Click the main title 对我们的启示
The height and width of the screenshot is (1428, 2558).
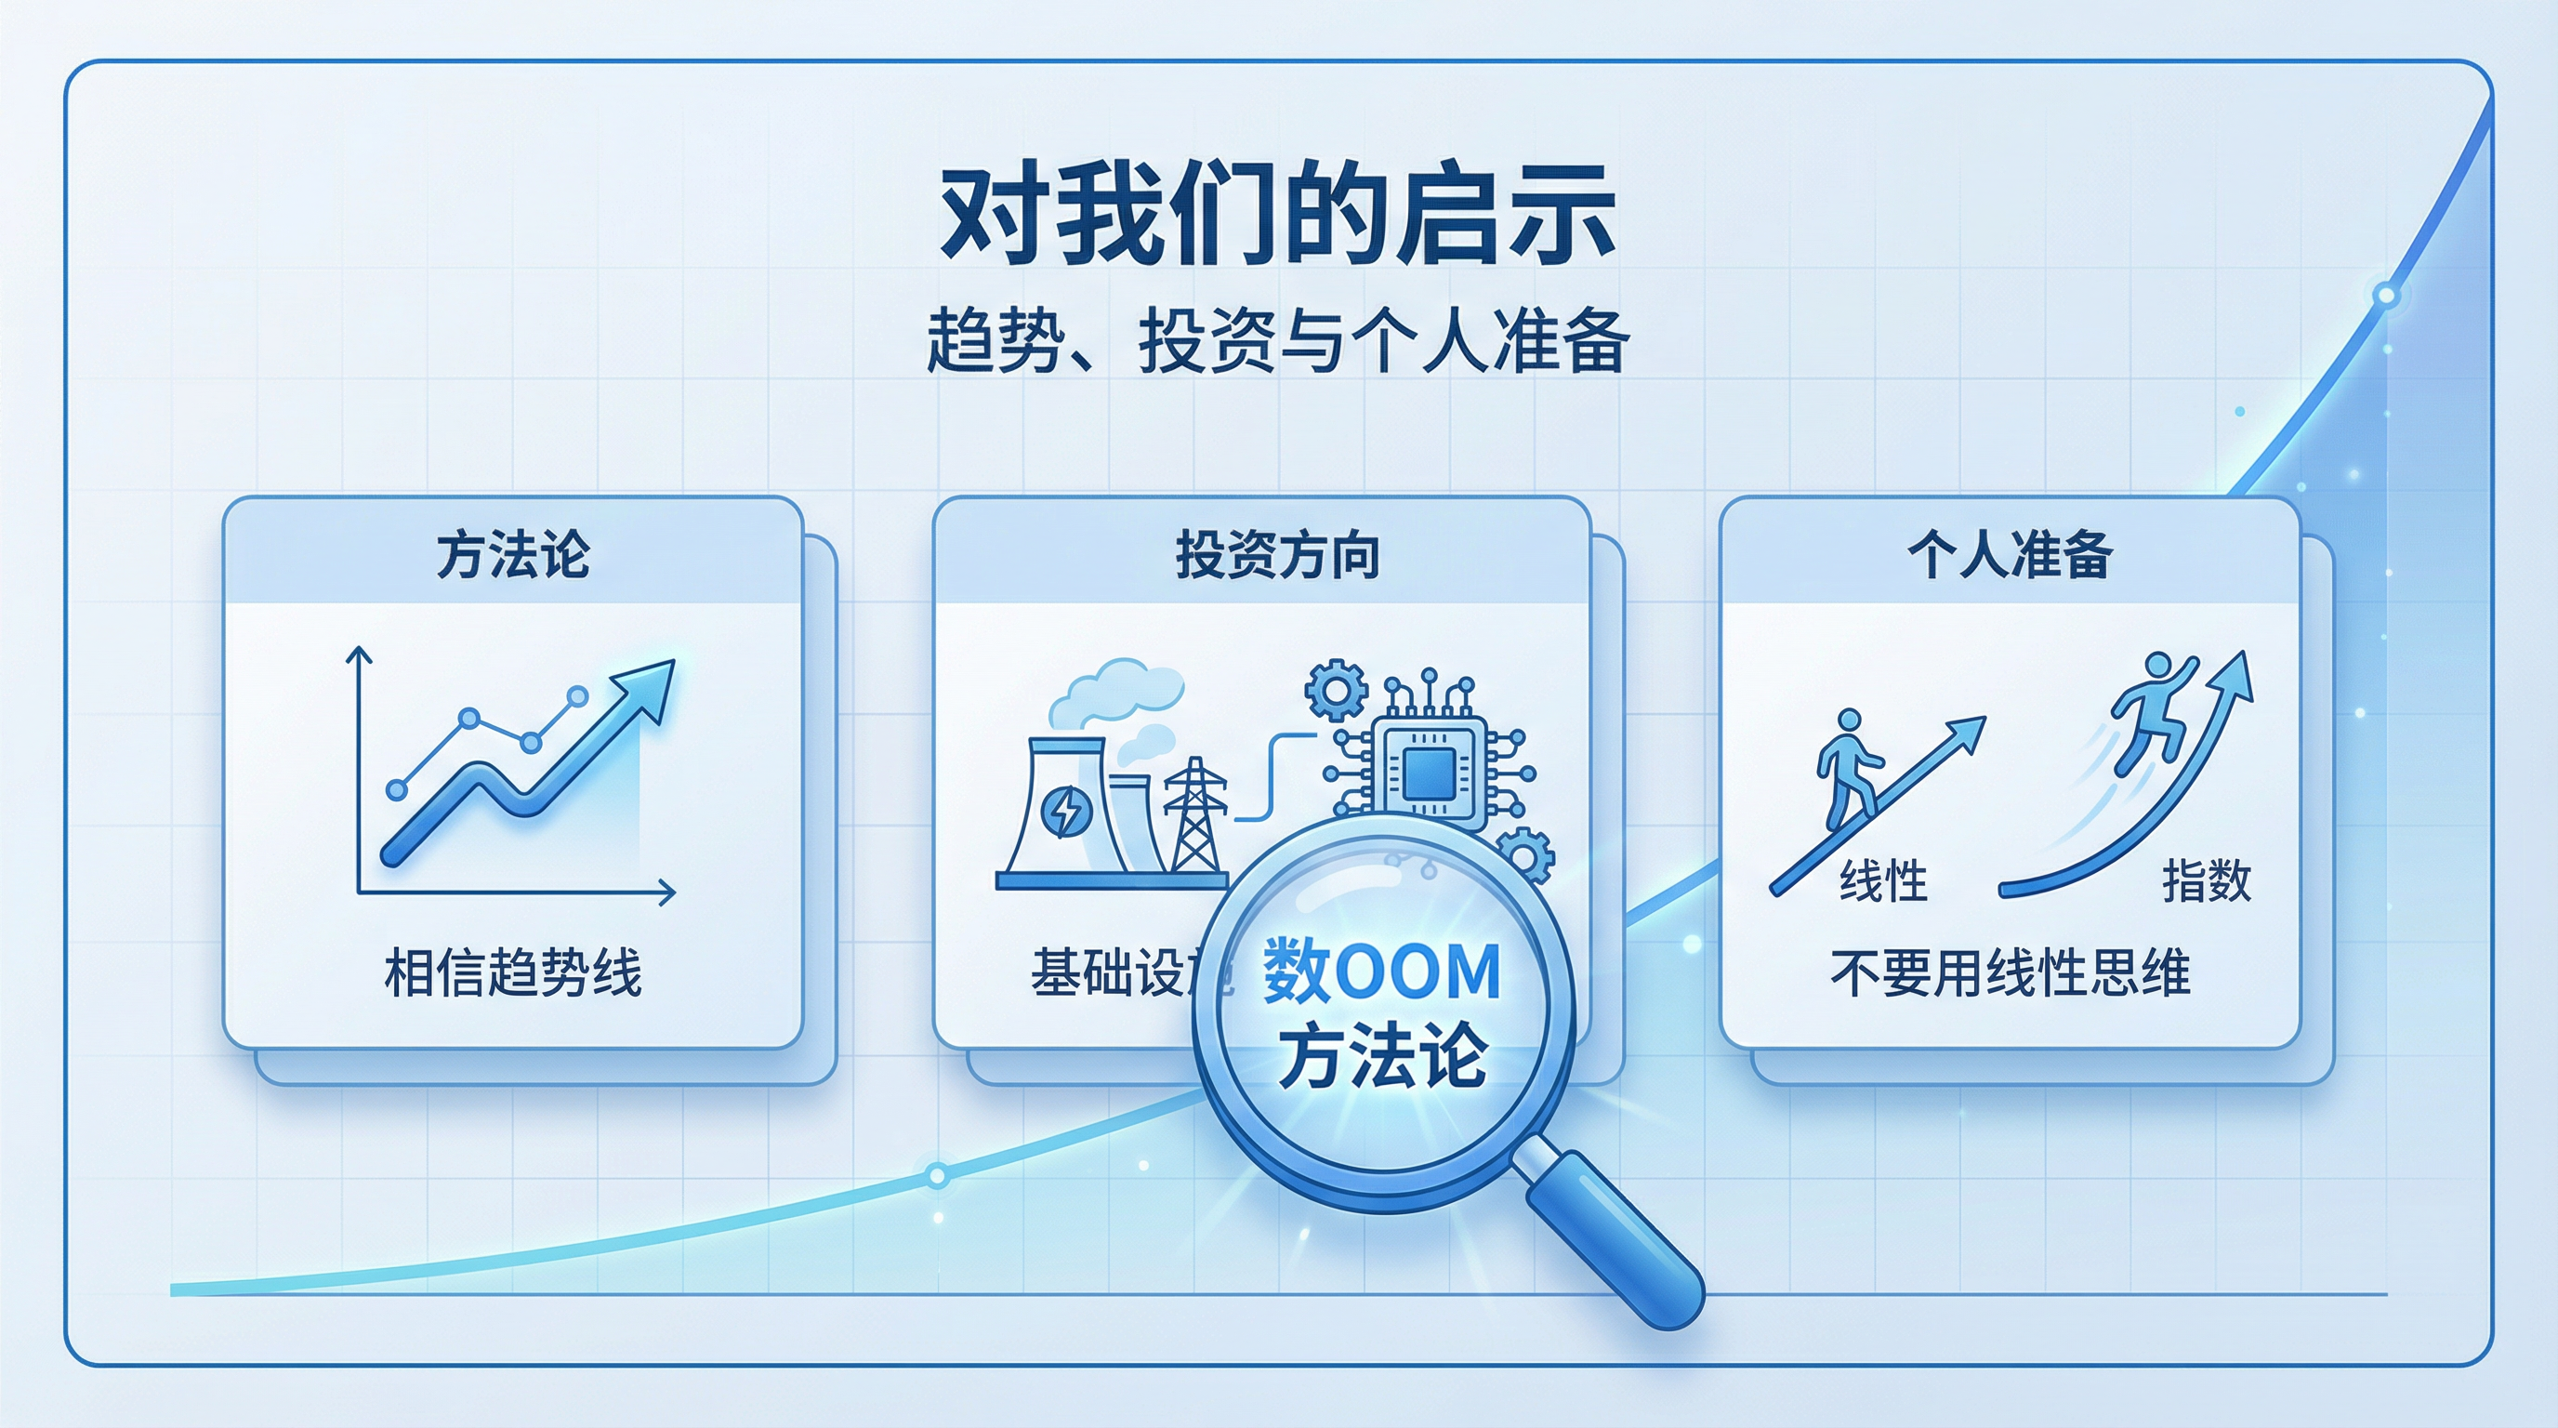(1277, 214)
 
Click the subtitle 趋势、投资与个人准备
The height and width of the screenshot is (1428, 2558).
(1277, 339)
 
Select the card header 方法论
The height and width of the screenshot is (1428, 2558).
(512, 554)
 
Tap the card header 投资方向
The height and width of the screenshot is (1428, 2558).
(1277, 554)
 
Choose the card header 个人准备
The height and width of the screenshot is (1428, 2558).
(2010, 554)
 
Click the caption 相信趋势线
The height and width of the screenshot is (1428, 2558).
(512, 972)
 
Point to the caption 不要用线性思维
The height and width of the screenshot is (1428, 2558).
(2010, 972)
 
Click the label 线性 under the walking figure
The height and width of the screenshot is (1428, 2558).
(1883, 880)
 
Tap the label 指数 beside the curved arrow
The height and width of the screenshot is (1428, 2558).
(2207, 880)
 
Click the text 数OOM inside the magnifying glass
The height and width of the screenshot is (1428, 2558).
(1381, 972)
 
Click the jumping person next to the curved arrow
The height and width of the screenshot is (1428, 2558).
(2153, 709)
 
